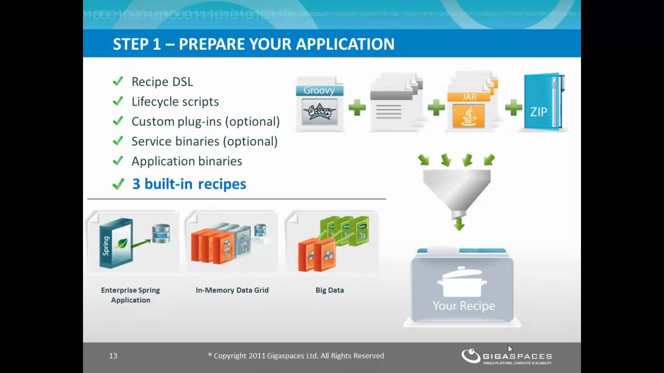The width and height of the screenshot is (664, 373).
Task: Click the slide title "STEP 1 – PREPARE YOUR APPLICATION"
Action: [253, 44]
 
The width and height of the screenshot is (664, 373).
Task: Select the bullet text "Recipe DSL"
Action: [162, 82]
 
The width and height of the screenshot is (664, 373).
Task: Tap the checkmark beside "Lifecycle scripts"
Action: [118, 101]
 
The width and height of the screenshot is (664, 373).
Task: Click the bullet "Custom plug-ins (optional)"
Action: [205, 121]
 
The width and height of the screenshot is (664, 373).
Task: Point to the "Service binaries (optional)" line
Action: [204, 141]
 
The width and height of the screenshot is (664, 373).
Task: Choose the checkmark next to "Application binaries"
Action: [118, 161]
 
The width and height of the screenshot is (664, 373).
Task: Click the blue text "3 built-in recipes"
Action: [189, 184]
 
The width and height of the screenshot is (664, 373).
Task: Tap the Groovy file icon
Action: [319, 104]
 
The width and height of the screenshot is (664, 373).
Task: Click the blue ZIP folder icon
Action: [543, 103]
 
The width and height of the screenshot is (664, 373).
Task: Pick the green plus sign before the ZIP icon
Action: [513, 108]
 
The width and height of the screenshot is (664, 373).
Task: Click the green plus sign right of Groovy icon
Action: [357, 108]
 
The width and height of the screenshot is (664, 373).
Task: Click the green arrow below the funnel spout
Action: [459, 224]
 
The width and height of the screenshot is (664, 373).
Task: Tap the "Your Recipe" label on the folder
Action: [464, 306]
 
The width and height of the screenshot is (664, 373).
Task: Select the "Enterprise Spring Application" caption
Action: [130, 295]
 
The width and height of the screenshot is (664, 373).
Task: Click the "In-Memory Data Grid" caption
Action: [232, 290]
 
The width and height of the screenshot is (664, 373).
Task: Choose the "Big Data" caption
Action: [329, 290]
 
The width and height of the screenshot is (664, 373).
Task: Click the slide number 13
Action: [113, 356]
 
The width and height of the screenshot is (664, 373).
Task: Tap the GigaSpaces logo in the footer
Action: [506, 356]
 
